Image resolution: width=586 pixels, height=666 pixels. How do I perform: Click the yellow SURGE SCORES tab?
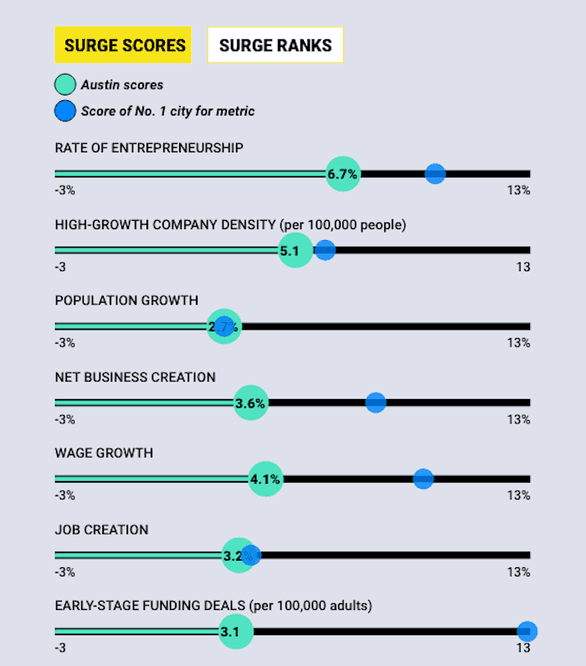tap(123, 45)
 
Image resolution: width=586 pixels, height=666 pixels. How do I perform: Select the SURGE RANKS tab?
tap(275, 45)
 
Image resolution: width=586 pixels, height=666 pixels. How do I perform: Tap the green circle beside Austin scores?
tap(65, 85)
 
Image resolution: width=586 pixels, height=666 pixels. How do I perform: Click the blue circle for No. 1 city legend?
tap(65, 111)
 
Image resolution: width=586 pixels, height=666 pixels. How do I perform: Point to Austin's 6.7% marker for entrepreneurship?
tap(342, 174)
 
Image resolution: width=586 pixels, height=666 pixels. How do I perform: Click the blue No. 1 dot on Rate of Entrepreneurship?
tap(435, 174)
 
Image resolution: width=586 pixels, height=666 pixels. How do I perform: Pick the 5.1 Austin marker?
tap(295, 250)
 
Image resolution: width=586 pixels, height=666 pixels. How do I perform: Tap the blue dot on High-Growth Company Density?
tap(325, 250)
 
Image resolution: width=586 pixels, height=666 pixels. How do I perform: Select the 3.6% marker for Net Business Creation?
tap(250, 403)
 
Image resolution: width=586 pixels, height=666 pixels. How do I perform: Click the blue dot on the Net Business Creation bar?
tap(376, 402)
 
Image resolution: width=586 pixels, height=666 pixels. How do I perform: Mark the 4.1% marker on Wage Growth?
tap(265, 479)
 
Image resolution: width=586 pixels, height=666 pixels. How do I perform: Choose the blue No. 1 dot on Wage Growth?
tap(424, 479)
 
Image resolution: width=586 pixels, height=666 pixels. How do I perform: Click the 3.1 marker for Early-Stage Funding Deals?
tap(235, 632)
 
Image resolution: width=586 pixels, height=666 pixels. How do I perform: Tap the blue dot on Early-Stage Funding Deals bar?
tap(527, 632)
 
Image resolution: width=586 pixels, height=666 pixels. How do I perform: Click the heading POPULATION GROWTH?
tap(126, 300)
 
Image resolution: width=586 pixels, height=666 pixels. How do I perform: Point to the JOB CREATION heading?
tap(101, 530)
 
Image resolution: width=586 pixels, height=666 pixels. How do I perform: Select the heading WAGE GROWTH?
tap(104, 453)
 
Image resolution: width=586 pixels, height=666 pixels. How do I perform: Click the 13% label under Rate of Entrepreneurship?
tap(518, 191)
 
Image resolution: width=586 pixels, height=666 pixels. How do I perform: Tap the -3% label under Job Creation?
tap(65, 572)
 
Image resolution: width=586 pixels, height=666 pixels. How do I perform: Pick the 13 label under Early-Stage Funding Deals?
tap(523, 648)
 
